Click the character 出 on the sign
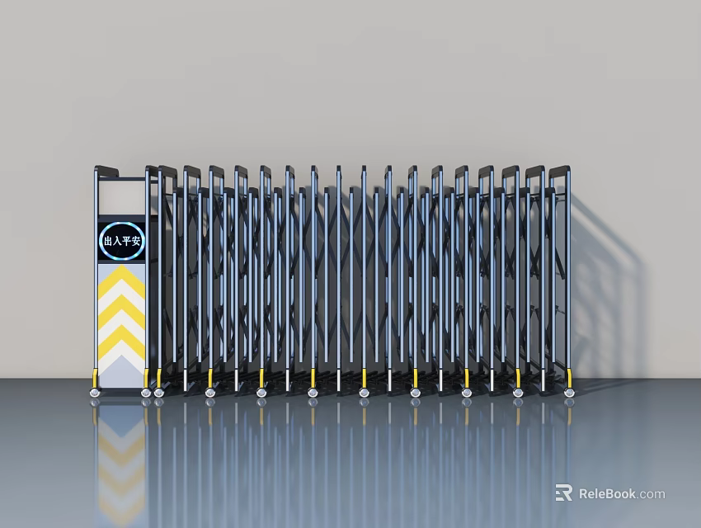(108, 242)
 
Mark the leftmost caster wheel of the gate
(96, 393)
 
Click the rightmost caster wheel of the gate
(569, 393)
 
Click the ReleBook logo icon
(564, 493)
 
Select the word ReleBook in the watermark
(607, 493)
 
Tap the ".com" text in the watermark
(651, 493)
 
